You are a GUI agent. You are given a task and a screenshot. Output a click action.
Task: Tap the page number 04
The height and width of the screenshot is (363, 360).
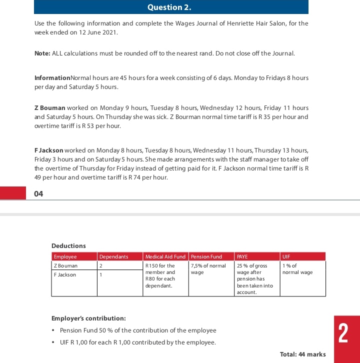(38, 194)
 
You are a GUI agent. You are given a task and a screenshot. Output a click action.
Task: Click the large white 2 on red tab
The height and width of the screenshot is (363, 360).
(343, 334)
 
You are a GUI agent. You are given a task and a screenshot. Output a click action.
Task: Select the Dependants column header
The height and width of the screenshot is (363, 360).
(113, 256)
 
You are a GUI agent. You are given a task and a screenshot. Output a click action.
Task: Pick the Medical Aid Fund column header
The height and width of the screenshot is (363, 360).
(165, 256)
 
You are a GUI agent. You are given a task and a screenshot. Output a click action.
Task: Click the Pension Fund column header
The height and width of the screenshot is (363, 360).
(206, 256)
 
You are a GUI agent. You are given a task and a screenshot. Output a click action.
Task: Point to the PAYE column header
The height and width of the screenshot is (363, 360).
(242, 256)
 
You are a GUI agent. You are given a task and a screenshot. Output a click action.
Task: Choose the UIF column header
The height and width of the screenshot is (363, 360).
(286, 256)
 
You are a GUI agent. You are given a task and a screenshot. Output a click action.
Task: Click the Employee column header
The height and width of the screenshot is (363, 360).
(65, 256)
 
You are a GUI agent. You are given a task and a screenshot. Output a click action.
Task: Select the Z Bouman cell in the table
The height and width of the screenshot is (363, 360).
(65, 266)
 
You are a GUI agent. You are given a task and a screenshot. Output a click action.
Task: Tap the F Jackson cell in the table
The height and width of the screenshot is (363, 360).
(65, 275)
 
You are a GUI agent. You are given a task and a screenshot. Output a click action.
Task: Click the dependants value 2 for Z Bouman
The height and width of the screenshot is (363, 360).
(100, 266)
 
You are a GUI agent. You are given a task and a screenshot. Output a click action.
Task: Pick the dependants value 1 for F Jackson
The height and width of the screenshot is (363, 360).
(100, 275)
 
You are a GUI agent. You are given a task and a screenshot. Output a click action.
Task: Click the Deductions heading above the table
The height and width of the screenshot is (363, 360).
(68, 246)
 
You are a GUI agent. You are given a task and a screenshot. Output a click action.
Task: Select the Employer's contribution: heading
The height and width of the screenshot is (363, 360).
(88, 318)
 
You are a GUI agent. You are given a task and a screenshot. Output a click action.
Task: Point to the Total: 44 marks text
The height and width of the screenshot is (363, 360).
(302, 354)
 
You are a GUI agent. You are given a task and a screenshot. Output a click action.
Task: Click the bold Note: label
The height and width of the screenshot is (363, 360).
(42, 53)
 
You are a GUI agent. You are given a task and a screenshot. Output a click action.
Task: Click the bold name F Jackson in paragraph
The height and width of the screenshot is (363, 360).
(48, 150)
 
